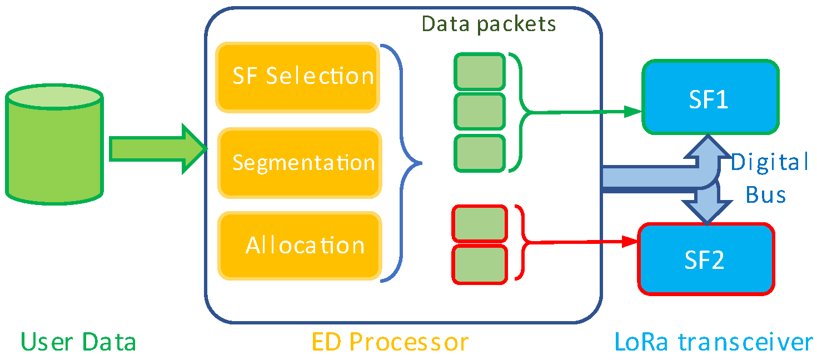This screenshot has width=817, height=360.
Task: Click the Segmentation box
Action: coord(300,163)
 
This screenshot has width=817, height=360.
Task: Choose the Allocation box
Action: coord(301,246)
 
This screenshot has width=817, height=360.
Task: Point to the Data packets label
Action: coord(489,23)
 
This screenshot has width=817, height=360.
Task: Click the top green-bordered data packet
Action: coord(479,71)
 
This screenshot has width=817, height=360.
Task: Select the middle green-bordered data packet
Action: coord(479,112)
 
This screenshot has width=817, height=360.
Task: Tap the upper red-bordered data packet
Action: coord(479,223)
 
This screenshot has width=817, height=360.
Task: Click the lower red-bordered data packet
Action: coord(479,263)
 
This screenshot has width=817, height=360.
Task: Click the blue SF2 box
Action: coord(706,259)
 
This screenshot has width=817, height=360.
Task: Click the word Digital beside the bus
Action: coord(769,163)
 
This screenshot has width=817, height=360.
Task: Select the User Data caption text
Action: coord(78,342)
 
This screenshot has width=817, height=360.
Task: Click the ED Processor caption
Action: coord(390,342)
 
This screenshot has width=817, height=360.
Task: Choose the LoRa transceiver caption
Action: coord(714,342)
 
